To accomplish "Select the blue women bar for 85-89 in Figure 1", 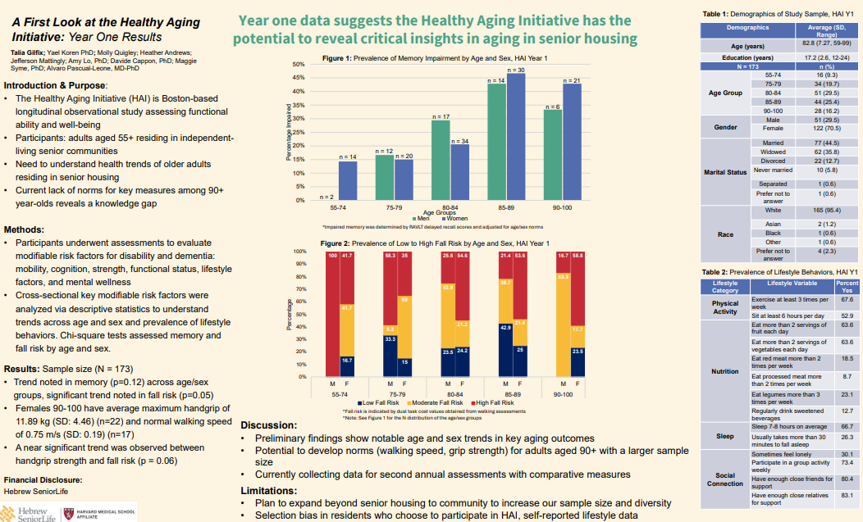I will (515, 136).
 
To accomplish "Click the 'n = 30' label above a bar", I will (515, 70).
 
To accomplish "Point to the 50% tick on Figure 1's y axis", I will (299, 64).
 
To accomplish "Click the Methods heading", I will (24, 230).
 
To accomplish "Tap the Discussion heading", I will (269, 425).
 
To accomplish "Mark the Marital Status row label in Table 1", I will (725, 172).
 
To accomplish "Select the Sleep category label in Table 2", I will (724, 436).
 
